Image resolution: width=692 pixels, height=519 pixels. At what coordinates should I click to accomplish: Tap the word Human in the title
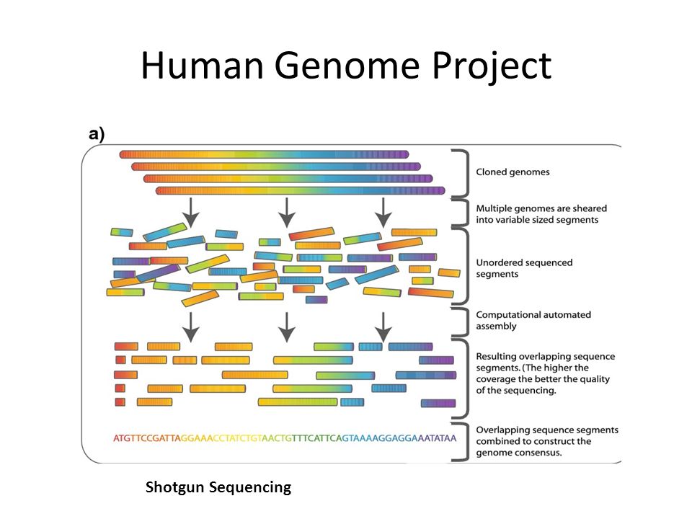click(x=204, y=66)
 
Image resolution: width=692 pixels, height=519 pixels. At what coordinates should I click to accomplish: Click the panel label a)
click(x=96, y=133)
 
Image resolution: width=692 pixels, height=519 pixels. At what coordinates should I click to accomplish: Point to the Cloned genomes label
click(x=513, y=172)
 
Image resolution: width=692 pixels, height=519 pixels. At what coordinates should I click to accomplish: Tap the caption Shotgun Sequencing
click(x=218, y=487)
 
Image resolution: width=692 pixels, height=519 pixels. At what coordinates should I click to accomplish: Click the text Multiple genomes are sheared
click(x=544, y=208)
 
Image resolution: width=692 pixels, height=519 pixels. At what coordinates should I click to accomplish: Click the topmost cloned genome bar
click(x=264, y=154)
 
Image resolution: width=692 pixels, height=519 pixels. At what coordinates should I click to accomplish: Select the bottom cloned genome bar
click(x=301, y=191)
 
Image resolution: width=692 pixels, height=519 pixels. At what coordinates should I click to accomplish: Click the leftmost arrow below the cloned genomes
click(x=190, y=211)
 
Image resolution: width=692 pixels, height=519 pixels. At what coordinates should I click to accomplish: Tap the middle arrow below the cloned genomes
click(x=287, y=211)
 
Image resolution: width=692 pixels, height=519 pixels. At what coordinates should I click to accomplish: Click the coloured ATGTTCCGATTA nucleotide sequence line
click(x=285, y=437)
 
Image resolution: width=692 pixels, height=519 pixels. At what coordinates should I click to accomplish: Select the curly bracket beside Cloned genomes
click(x=460, y=172)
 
